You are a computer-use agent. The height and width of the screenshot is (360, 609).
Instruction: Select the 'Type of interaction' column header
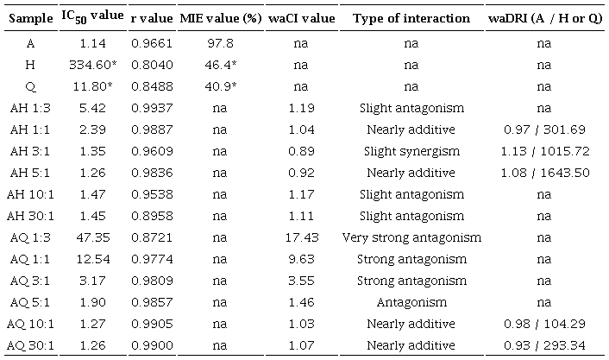411,18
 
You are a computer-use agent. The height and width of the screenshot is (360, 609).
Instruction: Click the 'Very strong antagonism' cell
411,237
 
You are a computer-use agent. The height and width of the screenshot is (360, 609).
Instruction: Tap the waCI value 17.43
300,237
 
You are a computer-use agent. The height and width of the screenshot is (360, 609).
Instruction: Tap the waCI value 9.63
300,260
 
